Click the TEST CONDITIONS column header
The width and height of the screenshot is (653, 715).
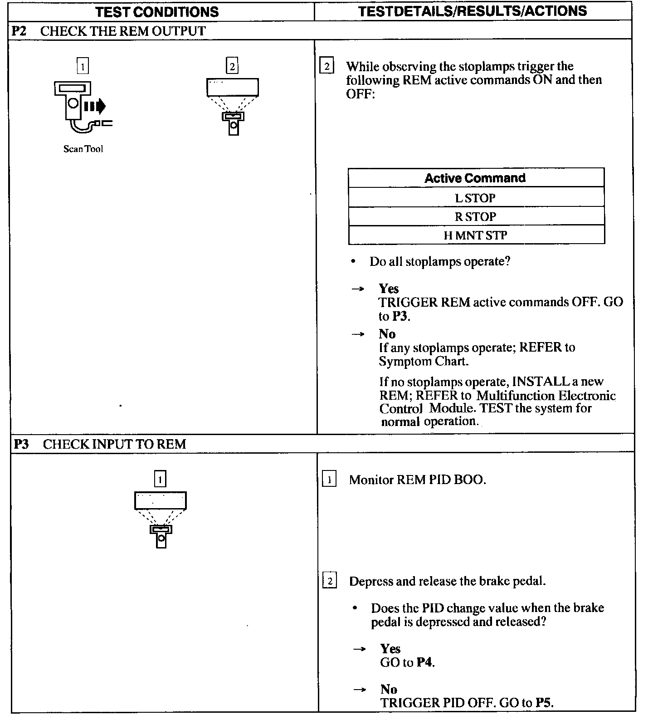point(157,12)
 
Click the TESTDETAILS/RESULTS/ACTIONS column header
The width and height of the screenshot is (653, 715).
point(473,11)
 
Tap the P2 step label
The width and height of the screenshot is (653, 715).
point(19,31)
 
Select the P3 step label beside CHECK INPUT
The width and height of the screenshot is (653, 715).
point(21,444)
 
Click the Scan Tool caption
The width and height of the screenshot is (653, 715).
point(83,149)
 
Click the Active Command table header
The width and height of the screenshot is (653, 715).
point(475,178)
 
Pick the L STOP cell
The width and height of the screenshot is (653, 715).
point(475,198)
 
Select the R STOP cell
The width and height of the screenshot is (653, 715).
point(475,217)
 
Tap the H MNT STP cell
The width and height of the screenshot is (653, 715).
point(475,235)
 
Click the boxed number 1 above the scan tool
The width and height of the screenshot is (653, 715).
point(83,66)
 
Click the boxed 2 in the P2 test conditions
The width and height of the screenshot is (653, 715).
point(232,66)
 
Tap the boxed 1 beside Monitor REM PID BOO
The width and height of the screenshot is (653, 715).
point(329,480)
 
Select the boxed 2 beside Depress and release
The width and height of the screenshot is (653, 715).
point(329,581)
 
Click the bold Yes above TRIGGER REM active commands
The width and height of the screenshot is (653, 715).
point(389,289)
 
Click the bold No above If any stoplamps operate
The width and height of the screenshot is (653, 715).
point(387,334)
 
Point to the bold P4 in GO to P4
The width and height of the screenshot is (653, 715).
point(424,662)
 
